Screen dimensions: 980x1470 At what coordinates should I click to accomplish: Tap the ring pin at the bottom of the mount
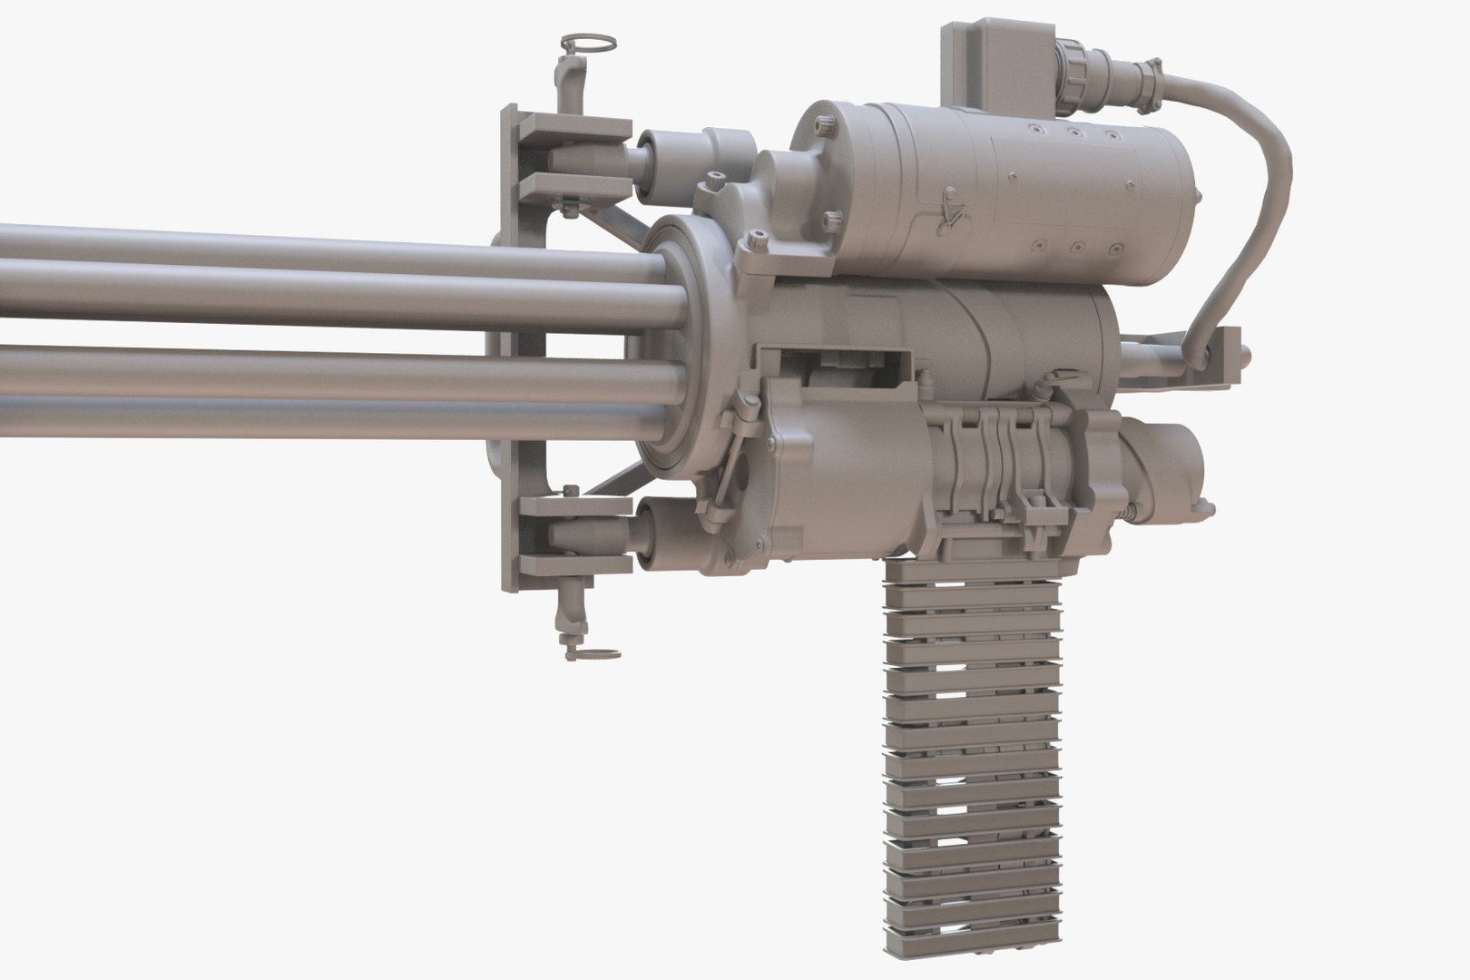coord(594,652)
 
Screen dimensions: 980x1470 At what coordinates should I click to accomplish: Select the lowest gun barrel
coord(272,417)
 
